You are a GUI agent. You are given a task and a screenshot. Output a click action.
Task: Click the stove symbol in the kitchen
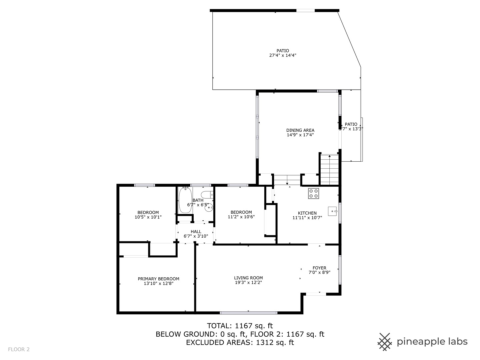pyautogui.click(x=313, y=194)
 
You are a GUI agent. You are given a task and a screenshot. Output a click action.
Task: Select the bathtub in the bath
pyautogui.click(x=185, y=200)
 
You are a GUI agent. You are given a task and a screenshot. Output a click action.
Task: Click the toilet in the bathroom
pyautogui.click(x=207, y=195)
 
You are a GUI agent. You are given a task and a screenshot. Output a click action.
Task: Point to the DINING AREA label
pyautogui.click(x=300, y=130)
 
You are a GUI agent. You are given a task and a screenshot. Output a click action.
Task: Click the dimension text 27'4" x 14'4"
pyautogui.click(x=283, y=56)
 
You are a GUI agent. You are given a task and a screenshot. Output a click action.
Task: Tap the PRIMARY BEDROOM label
pyautogui.click(x=158, y=279)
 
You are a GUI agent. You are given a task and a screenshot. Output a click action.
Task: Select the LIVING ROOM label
pyautogui.click(x=248, y=278)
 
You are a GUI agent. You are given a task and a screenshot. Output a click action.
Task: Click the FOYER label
pyautogui.click(x=319, y=268)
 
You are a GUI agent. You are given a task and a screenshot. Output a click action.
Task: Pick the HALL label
pyautogui.click(x=196, y=231)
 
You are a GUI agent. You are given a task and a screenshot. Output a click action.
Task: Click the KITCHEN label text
pyautogui.click(x=307, y=213)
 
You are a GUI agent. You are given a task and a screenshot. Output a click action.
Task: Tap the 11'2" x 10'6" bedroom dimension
pyautogui.click(x=241, y=217)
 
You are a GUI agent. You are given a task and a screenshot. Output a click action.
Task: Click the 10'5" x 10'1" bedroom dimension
pyautogui.click(x=148, y=217)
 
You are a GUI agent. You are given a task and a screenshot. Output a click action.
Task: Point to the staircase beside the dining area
pyautogui.click(x=329, y=169)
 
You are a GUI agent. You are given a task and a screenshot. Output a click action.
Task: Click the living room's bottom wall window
pyautogui.click(x=248, y=313)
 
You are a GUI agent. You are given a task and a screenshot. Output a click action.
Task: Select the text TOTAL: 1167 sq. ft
pyautogui.click(x=240, y=326)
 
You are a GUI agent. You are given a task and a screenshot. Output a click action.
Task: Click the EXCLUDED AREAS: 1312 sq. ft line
pyautogui.click(x=240, y=342)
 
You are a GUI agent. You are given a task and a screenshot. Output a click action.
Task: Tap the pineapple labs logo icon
pyautogui.click(x=385, y=342)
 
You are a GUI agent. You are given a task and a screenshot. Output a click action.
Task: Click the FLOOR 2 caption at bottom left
pyautogui.click(x=19, y=349)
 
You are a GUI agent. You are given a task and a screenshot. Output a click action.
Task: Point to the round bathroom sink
pyautogui.click(x=209, y=207)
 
